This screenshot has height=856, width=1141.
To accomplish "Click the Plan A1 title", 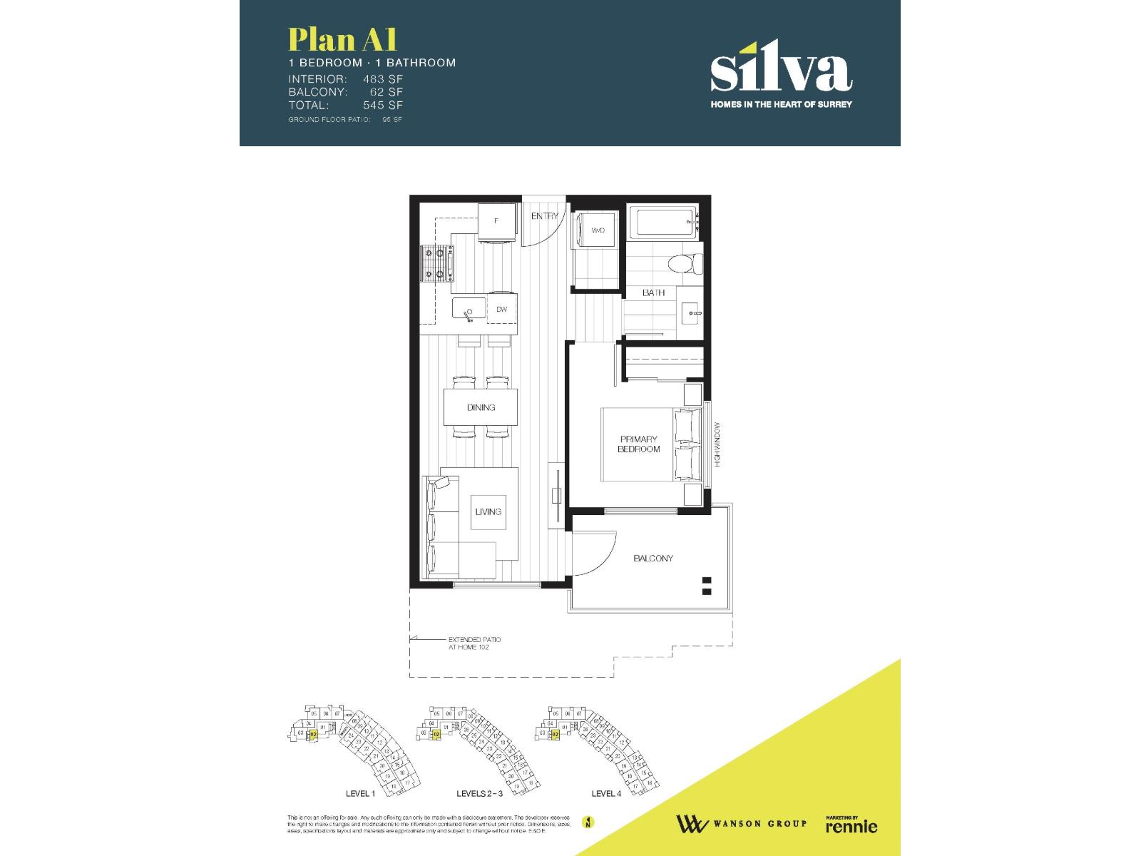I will point(342,40).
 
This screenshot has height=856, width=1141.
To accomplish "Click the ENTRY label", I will point(545,216).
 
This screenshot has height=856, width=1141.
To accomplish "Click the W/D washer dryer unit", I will point(598,230).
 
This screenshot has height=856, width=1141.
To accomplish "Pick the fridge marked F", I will point(496,221).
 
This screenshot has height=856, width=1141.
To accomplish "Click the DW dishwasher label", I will point(502,310).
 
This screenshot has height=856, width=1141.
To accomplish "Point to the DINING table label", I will point(481,407).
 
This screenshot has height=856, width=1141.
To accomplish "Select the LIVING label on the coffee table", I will point(488,511).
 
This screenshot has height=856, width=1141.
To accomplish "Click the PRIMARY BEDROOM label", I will point(639,444).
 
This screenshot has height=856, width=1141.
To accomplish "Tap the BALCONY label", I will point(653,559).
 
